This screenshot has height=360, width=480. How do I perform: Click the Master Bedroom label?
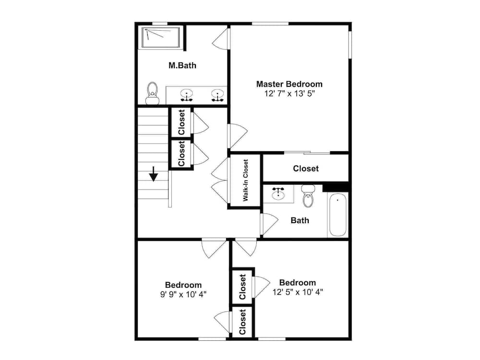click(289, 84)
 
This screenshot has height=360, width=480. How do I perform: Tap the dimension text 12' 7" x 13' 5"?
click(289, 94)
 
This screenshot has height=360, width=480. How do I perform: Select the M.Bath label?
click(182, 65)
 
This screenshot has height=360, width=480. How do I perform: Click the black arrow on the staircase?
click(154, 174)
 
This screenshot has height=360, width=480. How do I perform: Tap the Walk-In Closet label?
click(245, 180)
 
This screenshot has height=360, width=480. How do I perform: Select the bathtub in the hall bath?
click(337, 214)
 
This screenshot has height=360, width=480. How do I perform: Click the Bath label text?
click(300, 221)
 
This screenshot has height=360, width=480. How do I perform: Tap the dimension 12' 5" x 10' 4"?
click(298, 291)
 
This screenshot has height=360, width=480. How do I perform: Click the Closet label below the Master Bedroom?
click(306, 168)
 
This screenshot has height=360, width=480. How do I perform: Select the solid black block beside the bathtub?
click(336, 187)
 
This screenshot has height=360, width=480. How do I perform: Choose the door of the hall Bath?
click(269, 224)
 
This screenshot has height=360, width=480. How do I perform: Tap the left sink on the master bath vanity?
click(187, 95)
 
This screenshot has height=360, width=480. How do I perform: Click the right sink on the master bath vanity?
click(218, 95)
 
